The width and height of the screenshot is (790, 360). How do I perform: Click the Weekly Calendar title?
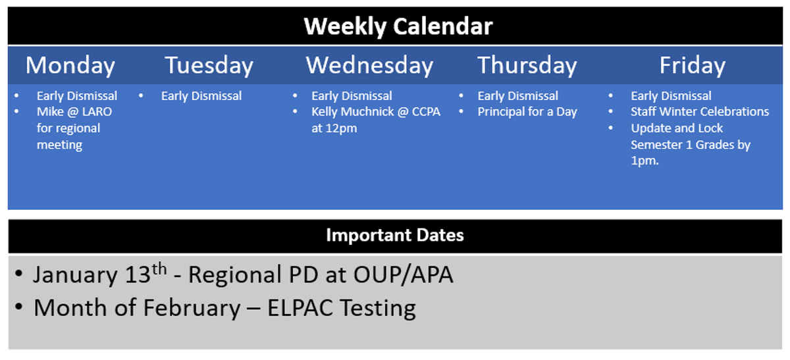[398, 27]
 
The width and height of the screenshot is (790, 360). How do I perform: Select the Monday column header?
[70, 66]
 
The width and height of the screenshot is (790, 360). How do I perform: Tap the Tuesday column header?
[209, 66]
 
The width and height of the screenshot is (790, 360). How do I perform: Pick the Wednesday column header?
[369, 66]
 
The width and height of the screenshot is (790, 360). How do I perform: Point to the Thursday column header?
[527, 66]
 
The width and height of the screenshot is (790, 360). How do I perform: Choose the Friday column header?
[693, 66]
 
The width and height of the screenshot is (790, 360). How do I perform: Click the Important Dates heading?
[395, 235]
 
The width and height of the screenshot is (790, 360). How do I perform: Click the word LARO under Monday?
[97, 112]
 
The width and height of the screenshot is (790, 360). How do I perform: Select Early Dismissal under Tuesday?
[201, 96]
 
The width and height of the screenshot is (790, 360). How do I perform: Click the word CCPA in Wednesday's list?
[426, 112]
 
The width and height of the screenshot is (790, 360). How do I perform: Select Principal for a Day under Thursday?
[527, 112]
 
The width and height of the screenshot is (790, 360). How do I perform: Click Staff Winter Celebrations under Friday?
[700, 112]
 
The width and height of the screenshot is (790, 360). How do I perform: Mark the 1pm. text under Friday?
[645, 161]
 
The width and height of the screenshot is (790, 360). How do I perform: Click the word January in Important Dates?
[75, 275]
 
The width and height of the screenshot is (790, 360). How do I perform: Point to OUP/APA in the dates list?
[404, 274]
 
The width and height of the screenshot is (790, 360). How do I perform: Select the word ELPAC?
[300, 308]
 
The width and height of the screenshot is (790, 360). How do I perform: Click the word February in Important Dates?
[192, 309]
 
